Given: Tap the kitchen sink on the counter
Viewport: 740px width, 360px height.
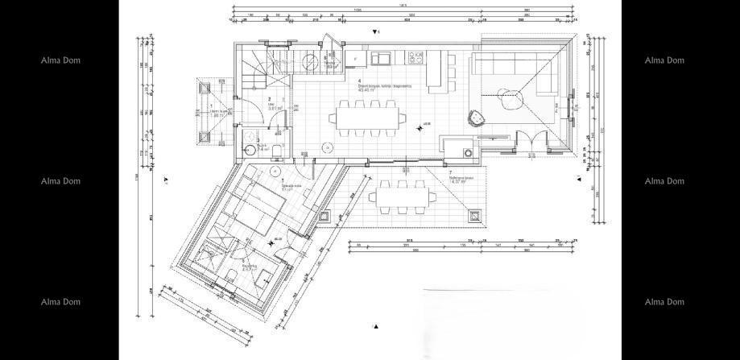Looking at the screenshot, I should click(x=381, y=58).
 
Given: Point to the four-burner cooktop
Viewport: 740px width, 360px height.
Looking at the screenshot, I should click(x=417, y=57).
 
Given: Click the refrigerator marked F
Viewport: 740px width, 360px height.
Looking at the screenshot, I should click(x=355, y=59).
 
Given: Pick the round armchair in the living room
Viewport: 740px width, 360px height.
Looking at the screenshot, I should click(x=478, y=118).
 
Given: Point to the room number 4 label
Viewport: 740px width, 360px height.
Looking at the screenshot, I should click(x=359, y=81).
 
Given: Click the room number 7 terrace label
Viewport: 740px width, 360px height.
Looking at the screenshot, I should click(x=450, y=173).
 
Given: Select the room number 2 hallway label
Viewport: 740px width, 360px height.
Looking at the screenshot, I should click(x=270, y=100).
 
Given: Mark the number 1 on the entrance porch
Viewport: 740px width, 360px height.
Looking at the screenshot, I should click(x=211, y=106).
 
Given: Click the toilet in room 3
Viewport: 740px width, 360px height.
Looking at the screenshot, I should click(x=275, y=150).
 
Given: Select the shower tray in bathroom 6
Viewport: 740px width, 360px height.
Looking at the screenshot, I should click(x=214, y=253).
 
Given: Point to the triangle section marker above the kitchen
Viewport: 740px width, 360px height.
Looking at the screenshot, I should click(x=374, y=31).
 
